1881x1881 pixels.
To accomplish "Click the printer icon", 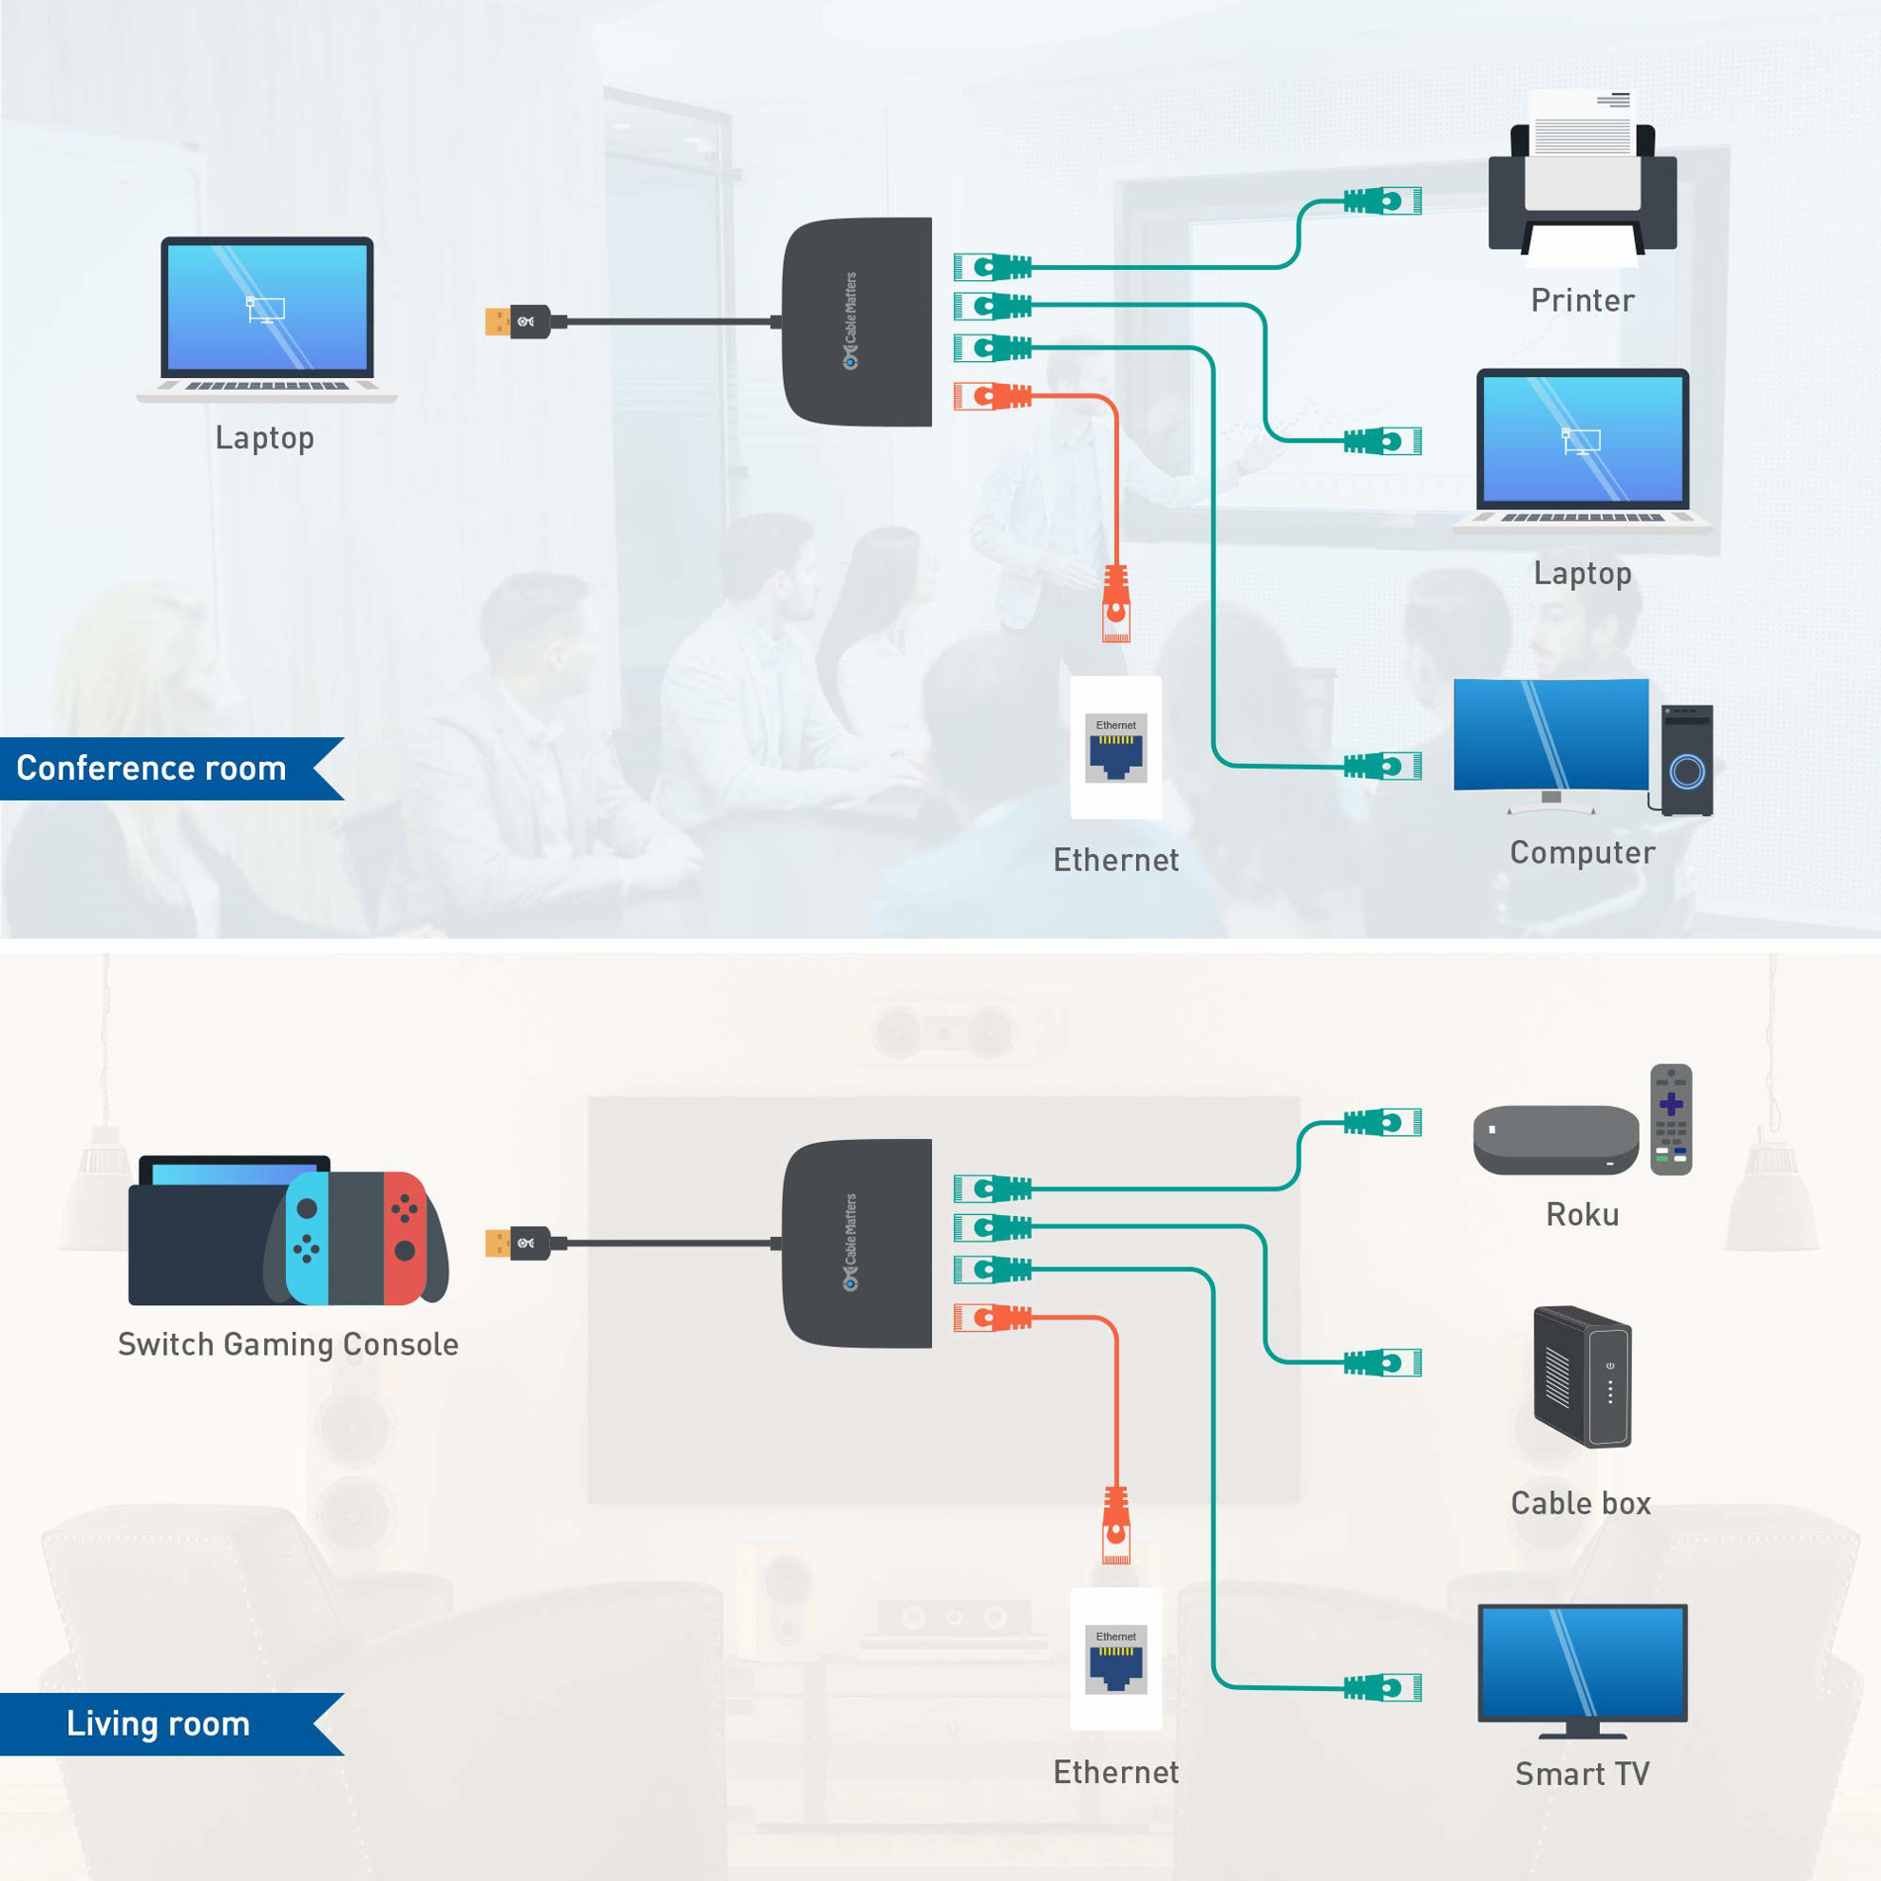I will click(1582, 185).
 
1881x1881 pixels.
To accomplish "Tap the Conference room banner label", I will click(152, 769).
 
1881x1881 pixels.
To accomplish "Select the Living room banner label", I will click(158, 1723).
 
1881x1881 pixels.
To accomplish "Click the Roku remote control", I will click(1671, 1120).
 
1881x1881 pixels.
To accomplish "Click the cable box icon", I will click(1582, 1376).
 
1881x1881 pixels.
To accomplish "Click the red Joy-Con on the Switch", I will click(405, 1238).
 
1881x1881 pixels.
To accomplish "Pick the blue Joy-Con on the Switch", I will click(307, 1238).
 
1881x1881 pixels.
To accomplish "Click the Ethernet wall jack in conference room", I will click(1115, 748).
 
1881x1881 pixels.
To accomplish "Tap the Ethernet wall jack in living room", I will click(1115, 1659).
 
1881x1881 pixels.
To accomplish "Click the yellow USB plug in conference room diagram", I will click(498, 321).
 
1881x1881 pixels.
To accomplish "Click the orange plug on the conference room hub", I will click(991, 396).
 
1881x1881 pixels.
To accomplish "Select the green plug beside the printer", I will click(1382, 201).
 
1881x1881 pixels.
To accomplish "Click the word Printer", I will click(1582, 300).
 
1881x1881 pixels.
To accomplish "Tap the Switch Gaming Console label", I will click(288, 1343).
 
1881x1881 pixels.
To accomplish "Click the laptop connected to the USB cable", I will click(267, 316).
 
